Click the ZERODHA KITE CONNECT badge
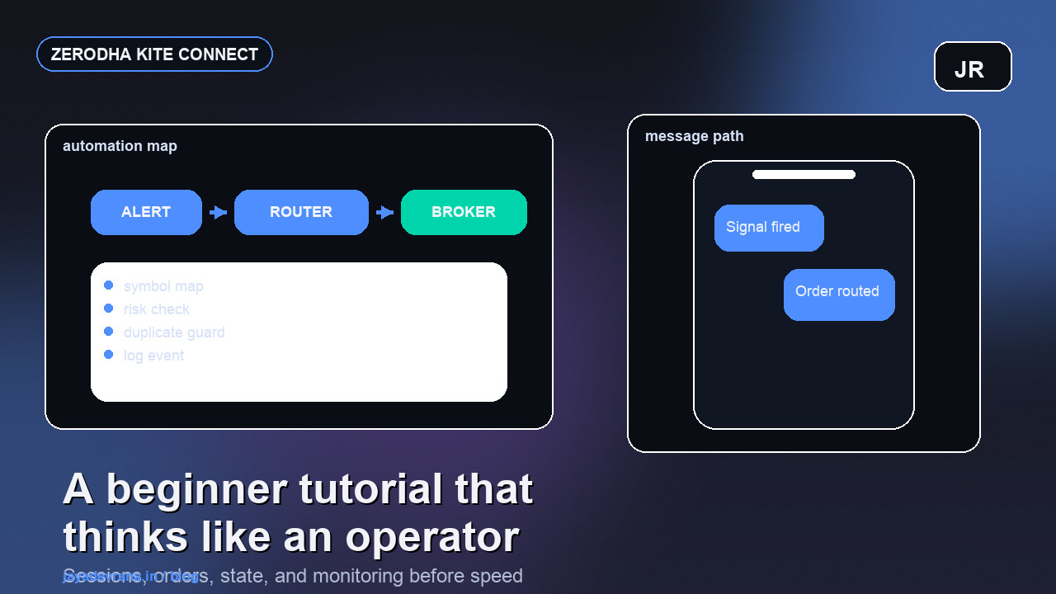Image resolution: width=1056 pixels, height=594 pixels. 154,54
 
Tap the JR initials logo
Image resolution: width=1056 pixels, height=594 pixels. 973,67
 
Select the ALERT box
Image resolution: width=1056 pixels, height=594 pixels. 146,212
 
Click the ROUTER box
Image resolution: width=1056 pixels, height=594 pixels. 301,212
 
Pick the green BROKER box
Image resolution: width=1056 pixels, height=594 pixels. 464,212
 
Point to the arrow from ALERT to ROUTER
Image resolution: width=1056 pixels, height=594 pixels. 218,212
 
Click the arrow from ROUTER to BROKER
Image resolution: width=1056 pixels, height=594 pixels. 384,212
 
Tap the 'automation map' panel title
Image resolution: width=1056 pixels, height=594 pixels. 120,146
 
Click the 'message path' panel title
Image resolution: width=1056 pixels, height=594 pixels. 694,136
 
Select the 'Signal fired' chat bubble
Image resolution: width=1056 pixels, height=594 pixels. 769,228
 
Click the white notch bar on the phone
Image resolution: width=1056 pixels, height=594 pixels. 804,174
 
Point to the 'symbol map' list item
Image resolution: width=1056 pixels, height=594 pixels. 163,286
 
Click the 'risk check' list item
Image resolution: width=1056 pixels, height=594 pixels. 157,309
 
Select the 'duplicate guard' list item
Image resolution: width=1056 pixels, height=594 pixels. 174,332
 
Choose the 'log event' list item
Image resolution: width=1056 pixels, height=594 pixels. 153,356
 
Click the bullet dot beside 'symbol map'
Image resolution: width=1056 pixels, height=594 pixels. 108,285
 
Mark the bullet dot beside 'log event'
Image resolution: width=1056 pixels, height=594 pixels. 108,355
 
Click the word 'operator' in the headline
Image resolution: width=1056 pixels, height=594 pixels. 431,537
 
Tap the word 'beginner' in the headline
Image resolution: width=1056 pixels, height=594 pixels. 196,489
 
